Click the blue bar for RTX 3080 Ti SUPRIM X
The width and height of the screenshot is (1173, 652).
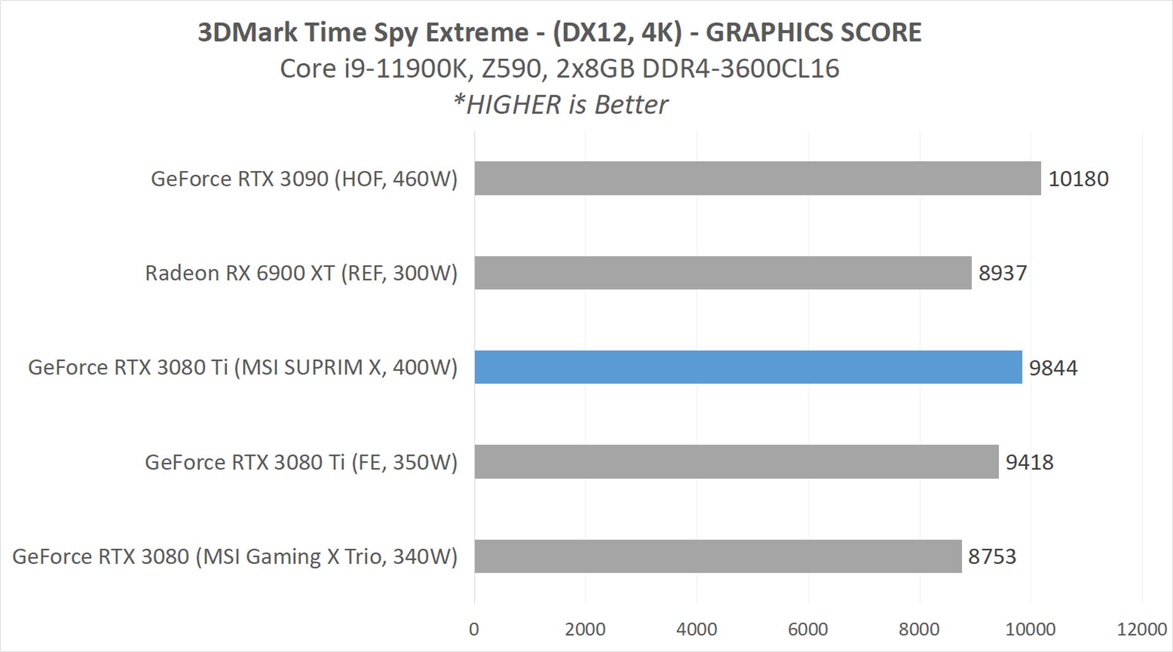748,367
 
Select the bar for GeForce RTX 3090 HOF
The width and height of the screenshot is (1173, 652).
758,178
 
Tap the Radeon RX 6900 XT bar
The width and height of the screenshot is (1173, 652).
723,273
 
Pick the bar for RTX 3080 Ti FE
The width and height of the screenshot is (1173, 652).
736,462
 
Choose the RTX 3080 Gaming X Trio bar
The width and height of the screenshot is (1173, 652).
718,556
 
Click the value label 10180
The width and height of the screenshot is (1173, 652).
1078,179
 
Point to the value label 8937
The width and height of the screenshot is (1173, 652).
1003,273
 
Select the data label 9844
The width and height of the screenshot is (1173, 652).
1053,368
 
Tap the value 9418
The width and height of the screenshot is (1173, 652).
1029,463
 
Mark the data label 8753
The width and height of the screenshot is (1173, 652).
992,557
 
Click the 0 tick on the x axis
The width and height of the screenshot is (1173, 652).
474,629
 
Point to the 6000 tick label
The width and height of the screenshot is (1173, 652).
808,629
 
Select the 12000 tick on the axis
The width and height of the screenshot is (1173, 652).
1141,629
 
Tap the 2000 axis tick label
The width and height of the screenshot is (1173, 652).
585,629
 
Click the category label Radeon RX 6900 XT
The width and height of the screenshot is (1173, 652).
301,273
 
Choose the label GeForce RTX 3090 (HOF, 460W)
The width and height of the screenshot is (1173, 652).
304,179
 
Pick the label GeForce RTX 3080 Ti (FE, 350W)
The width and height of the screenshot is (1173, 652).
301,463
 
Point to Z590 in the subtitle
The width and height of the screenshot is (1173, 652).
512,68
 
